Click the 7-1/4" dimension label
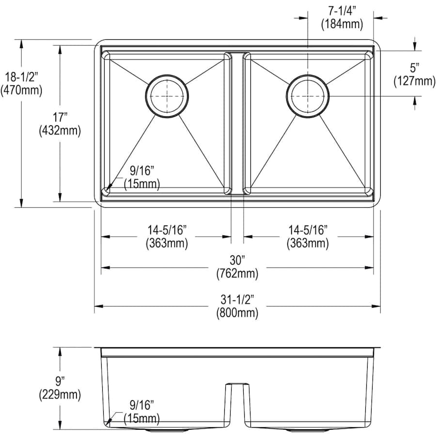[x=342, y=11]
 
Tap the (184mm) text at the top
[x=342, y=24]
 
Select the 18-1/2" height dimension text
[x=21, y=77]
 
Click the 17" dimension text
[x=60, y=117]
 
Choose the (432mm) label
[x=60, y=130]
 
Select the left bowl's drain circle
[x=167, y=96]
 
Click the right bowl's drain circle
[x=308, y=96]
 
